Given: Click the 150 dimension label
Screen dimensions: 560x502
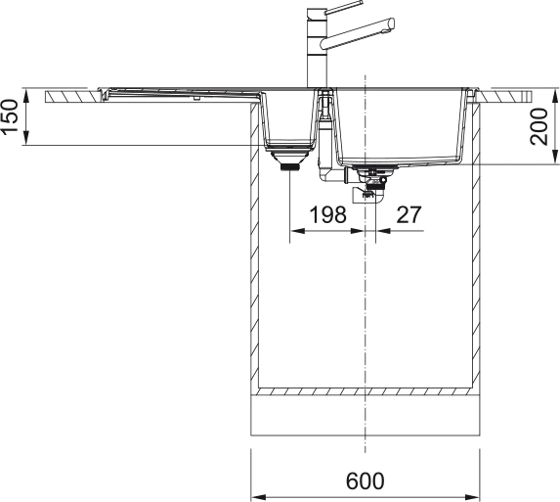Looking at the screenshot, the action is pos(10,117).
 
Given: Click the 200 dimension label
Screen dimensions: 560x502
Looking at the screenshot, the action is pos(538,126).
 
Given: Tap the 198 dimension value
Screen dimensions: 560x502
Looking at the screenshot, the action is pos(327,214).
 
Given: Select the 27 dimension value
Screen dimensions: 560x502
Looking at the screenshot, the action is pos(409,214).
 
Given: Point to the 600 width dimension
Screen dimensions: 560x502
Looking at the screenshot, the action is pos(365,480).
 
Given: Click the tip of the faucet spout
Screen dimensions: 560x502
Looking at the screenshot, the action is pos(392,23).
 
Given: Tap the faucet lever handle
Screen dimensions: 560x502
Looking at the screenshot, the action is pos(344,7).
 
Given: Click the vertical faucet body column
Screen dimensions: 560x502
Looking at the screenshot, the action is pos(316,48).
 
